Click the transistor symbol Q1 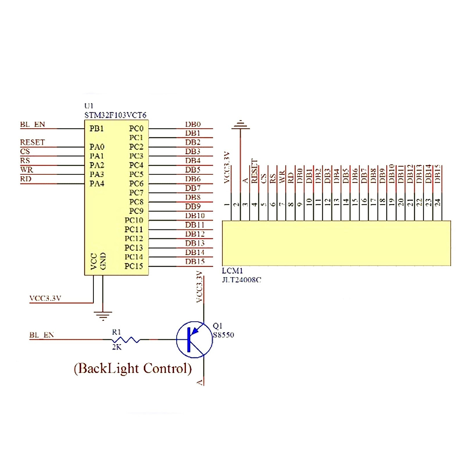coord(194,339)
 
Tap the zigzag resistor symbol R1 coord(126,340)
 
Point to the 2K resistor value coord(117,347)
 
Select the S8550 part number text coord(224,335)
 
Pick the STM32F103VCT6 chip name coord(115,115)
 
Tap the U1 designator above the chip coord(89,106)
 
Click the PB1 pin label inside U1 coord(96,129)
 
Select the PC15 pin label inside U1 coord(134,266)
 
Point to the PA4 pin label coord(97,184)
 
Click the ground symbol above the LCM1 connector coord(241,125)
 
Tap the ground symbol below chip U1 coord(103,315)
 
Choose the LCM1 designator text coord(232,271)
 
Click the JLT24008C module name coord(241,280)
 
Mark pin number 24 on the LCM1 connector coord(437,202)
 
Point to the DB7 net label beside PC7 coord(193,188)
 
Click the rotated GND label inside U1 coord(103,261)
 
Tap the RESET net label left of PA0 coord(33,142)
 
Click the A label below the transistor coord(200,382)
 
